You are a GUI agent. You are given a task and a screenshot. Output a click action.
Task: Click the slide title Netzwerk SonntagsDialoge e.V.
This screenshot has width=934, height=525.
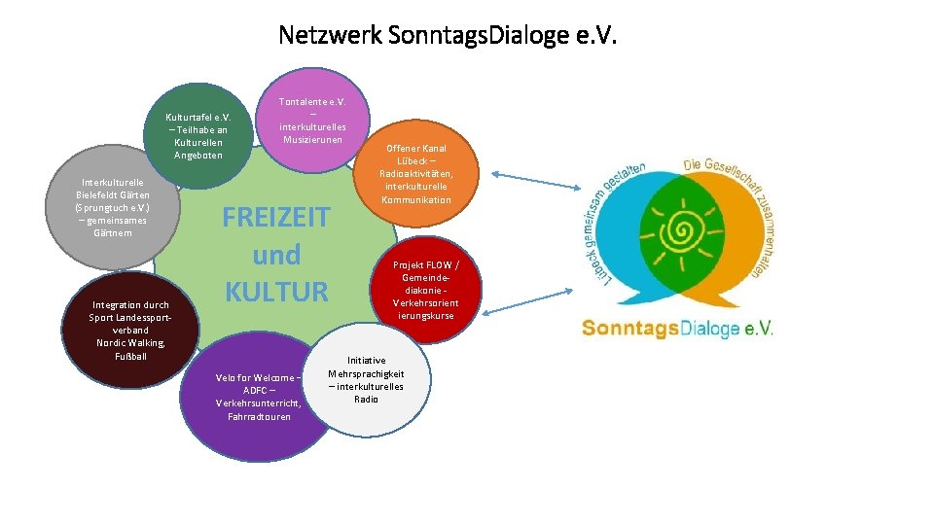pyautogui.click(x=448, y=36)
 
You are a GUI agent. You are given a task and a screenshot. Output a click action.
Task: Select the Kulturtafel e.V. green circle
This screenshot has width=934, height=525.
pyautogui.click(x=198, y=136)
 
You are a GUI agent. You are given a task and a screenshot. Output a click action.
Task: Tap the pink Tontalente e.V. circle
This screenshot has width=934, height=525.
pyautogui.click(x=311, y=120)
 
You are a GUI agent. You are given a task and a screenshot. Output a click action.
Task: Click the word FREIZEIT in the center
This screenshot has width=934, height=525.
pyautogui.click(x=275, y=217)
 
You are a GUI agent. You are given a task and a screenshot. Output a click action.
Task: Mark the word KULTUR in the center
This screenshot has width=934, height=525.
pyautogui.click(x=275, y=291)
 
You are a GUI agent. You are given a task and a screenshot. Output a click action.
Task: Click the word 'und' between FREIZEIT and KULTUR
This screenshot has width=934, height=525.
pyautogui.click(x=275, y=255)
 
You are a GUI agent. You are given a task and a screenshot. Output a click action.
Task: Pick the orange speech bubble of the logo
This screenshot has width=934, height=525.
pyautogui.click(x=739, y=233)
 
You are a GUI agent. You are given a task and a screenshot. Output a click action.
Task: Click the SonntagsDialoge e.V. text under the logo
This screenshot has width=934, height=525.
pyautogui.click(x=676, y=329)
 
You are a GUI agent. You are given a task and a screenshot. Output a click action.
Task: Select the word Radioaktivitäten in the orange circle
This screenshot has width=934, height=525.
pyautogui.click(x=416, y=174)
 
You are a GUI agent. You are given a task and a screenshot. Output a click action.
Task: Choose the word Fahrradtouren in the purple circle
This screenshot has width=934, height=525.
pyautogui.click(x=258, y=417)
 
